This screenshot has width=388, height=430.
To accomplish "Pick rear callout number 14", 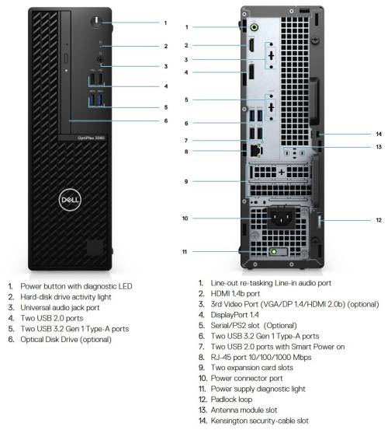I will tap(378, 135).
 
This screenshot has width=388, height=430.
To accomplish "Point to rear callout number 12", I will tap(378, 221).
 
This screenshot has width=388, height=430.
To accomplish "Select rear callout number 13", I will tap(378, 146).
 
